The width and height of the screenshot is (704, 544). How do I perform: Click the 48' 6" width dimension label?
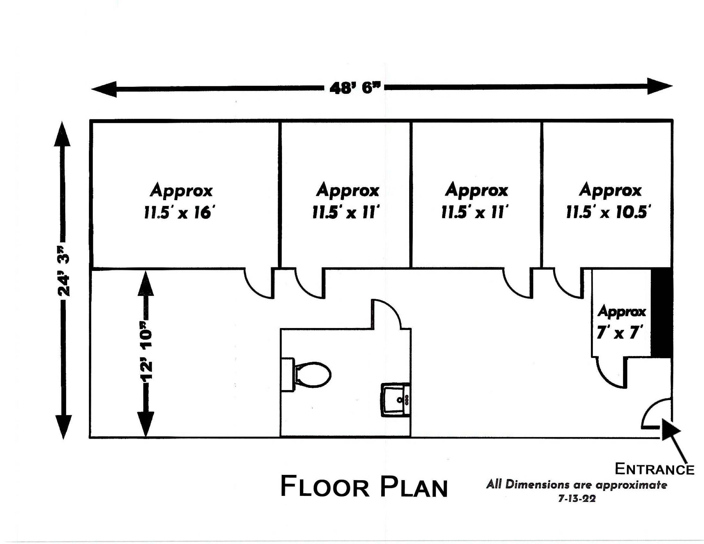click(x=355, y=87)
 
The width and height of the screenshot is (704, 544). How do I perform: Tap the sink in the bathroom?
click(x=396, y=400)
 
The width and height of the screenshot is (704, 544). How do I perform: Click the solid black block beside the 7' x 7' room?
click(x=662, y=313)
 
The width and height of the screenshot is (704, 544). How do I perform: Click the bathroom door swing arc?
click(x=387, y=314)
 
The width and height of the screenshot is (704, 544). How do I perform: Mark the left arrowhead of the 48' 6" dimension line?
click(x=104, y=89)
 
